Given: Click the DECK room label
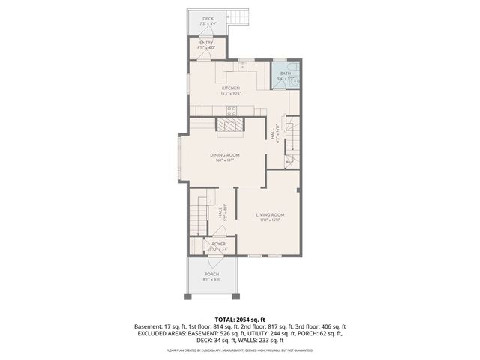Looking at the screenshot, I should [207, 19].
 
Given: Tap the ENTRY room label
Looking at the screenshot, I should [206, 43].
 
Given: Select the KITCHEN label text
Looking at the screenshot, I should [230, 88].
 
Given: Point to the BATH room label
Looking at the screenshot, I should [286, 73].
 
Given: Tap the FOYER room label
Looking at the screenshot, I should [218, 244].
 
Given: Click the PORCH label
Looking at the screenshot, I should [211, 274].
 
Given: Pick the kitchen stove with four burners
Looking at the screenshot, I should [232, 109].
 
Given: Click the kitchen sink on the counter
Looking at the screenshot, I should [233, 66].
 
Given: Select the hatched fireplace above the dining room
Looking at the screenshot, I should [230, 124].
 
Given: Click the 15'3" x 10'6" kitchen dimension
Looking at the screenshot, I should [230, 93].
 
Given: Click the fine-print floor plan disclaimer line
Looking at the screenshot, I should [239, 349].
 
